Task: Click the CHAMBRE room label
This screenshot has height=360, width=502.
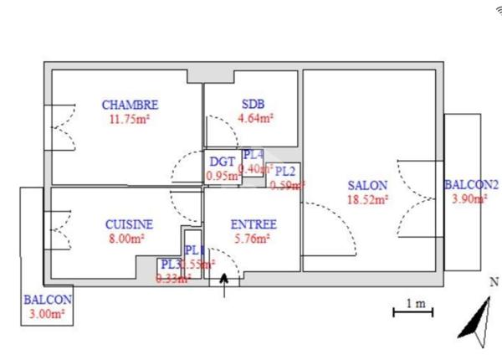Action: click(130, 105)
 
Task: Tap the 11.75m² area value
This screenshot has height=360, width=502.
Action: click(129, 118)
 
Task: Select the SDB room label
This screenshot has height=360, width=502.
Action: click(253, 105)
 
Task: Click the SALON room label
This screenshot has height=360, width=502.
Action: click(368, 185)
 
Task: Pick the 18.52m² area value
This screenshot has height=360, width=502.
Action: click(368, 199)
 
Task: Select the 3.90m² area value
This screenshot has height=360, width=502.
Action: click(469, 199)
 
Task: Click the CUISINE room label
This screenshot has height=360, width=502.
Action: click(129, 224)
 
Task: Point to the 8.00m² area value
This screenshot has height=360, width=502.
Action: click(127, 238)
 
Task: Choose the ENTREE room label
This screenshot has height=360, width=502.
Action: click(253, 224)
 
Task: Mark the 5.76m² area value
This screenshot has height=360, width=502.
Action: click(251, 238)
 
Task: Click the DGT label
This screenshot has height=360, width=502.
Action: click(222, 162)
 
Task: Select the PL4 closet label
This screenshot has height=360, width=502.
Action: click(253, 155)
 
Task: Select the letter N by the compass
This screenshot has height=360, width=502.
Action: click(493, 283)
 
